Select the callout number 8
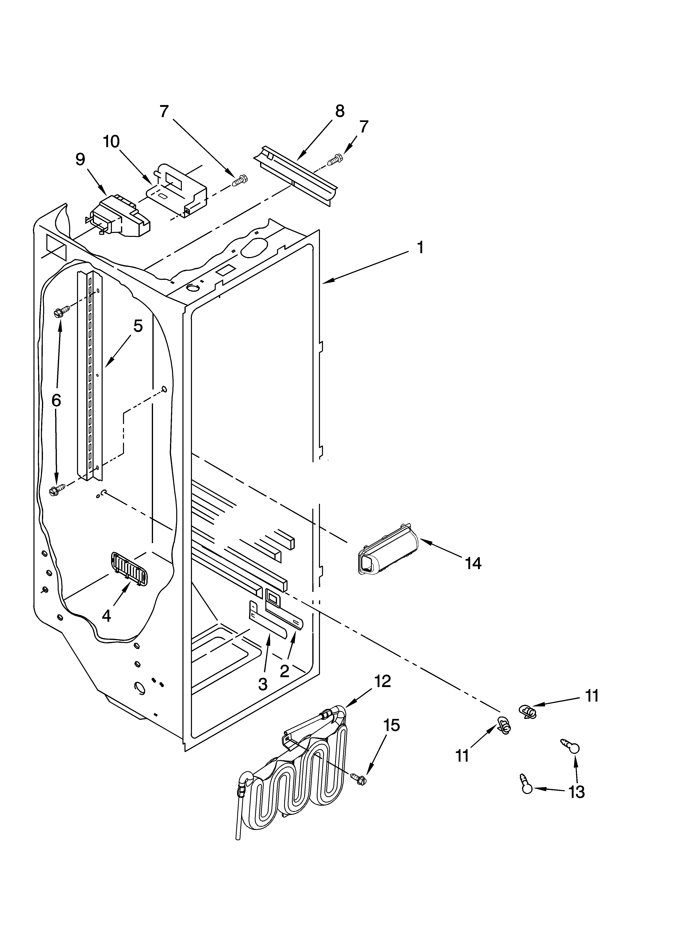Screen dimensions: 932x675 coord(340,111)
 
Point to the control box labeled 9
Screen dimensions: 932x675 coord(119,216)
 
